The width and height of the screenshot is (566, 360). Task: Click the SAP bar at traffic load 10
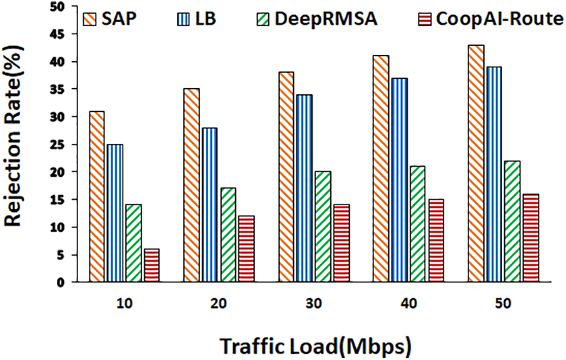coord(97,197)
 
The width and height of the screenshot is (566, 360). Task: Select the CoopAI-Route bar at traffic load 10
coord(151,266)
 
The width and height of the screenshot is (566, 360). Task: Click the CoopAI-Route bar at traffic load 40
coord(436,241)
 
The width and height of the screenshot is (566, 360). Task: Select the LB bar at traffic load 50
coord(494,174)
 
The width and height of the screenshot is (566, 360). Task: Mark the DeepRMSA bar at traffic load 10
coord(133,243)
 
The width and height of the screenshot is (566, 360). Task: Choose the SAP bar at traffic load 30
coord(286,177)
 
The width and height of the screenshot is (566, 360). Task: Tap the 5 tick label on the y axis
coord(61,255)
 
